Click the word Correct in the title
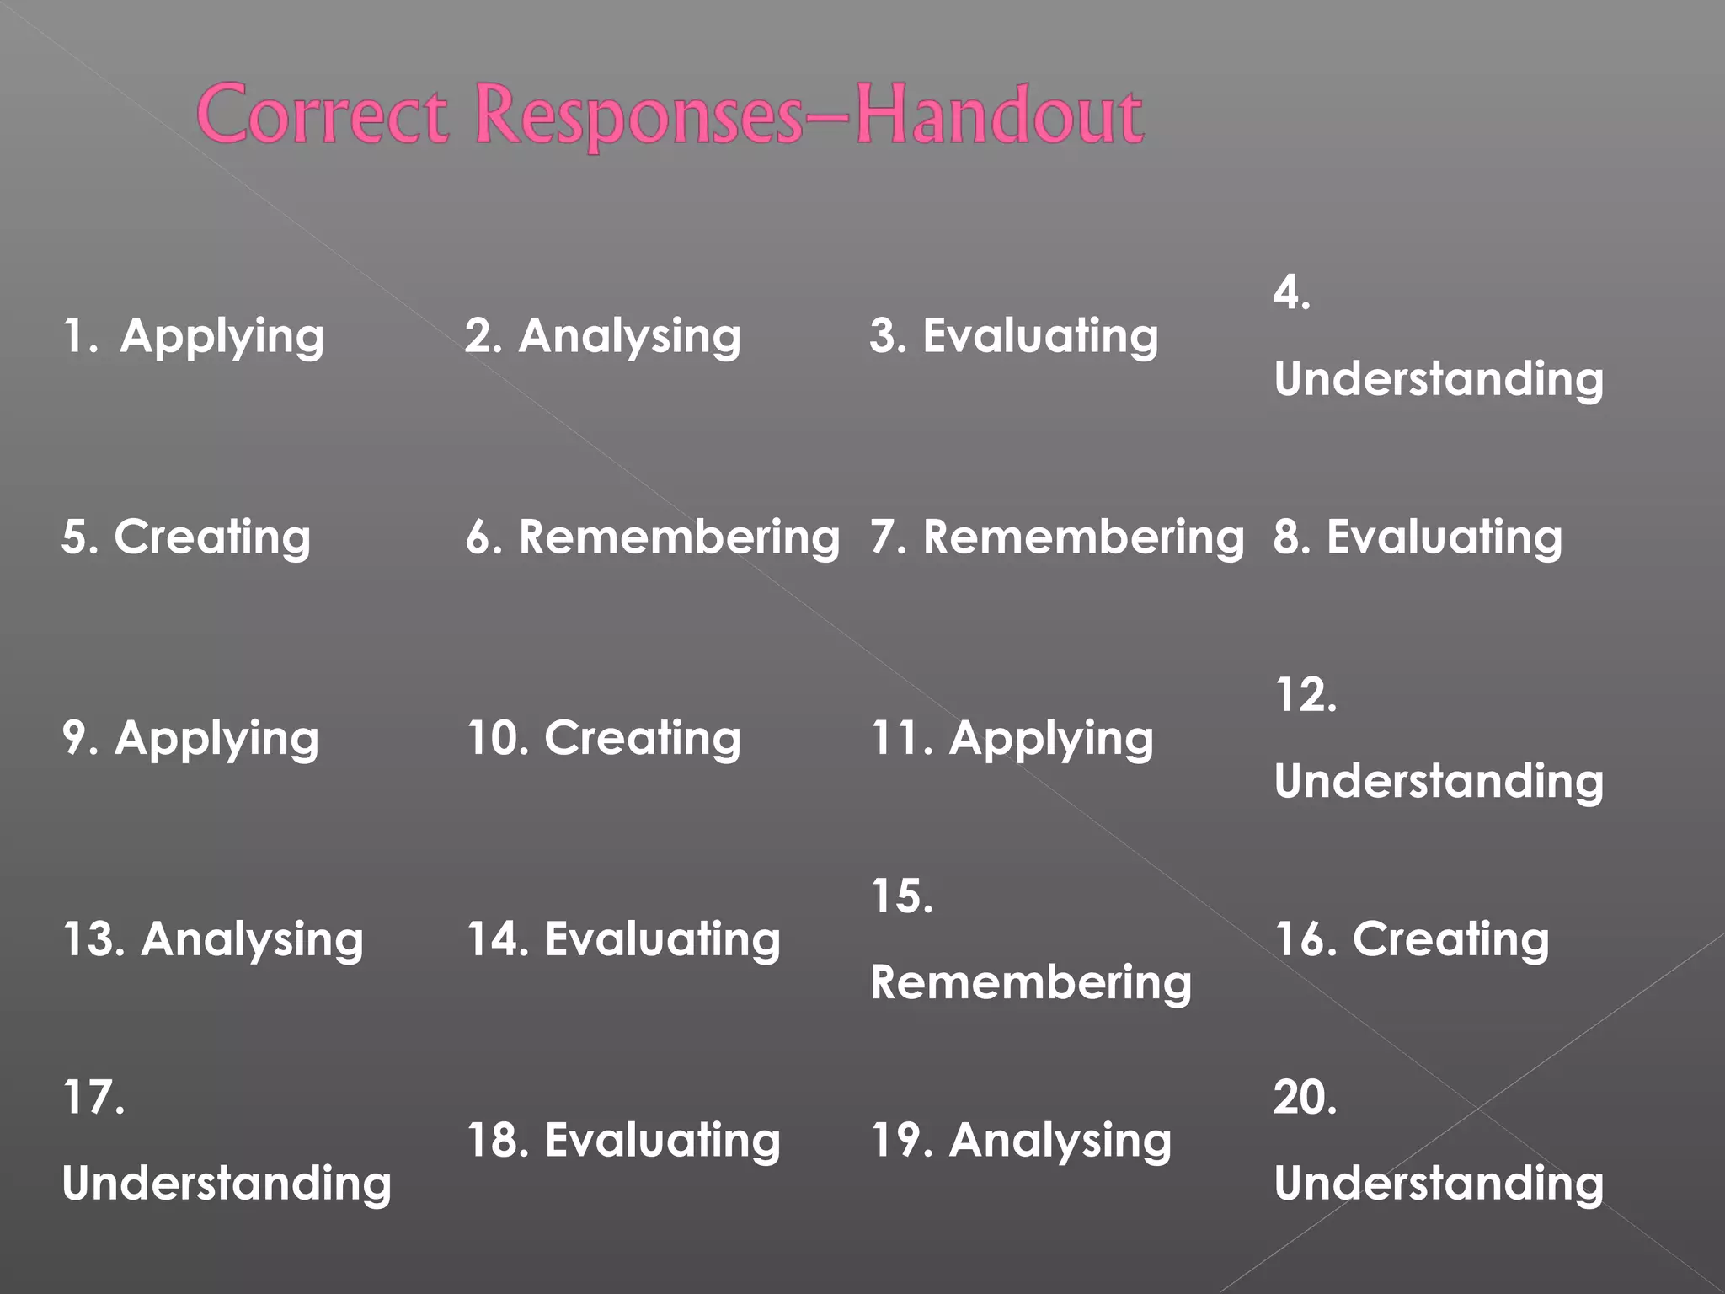322,115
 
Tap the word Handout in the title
1000,115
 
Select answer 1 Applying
194,336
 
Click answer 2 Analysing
603,336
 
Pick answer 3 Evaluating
1014,336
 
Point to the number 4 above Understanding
1291,293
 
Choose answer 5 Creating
186,537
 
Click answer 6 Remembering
653,537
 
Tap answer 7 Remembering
1057,537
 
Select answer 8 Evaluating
1418,537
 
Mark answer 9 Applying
191,739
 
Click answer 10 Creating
604,739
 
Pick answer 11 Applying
1012,739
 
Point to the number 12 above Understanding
1305,696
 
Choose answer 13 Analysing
213,939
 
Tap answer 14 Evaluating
623,939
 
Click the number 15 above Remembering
902,896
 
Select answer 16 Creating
1412,939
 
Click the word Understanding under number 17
227,1184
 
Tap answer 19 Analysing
1021,1141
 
